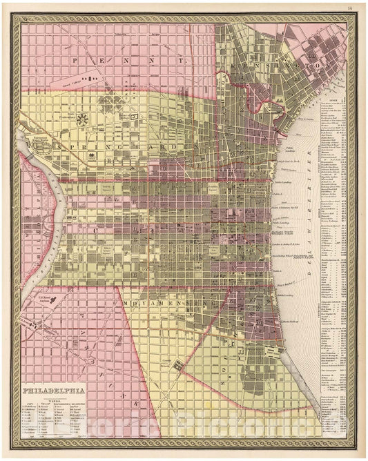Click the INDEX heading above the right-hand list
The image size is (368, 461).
(331, 99)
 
